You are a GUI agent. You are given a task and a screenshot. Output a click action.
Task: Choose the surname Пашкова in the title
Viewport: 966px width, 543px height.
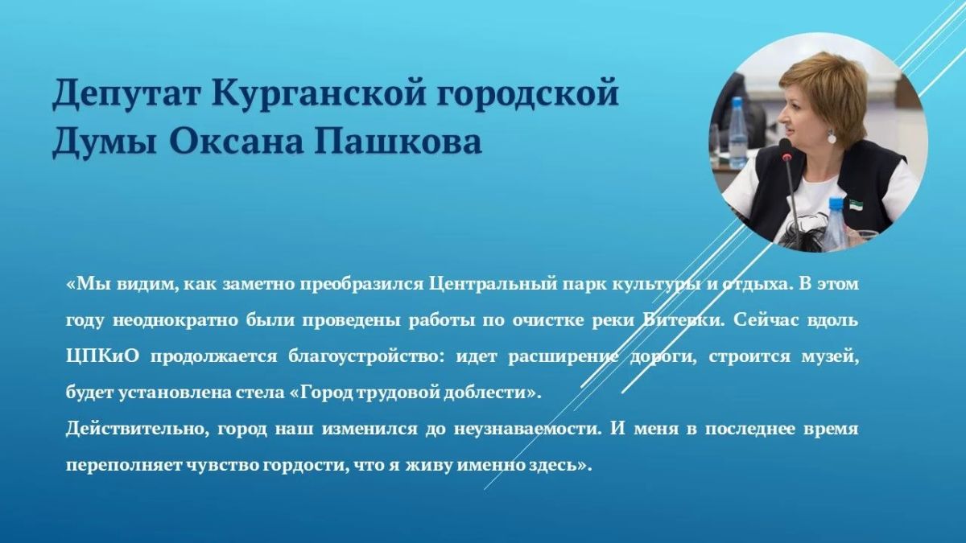tap(398, 142)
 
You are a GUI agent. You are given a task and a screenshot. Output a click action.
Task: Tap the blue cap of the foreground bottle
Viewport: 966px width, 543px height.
tap(836, 204)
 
